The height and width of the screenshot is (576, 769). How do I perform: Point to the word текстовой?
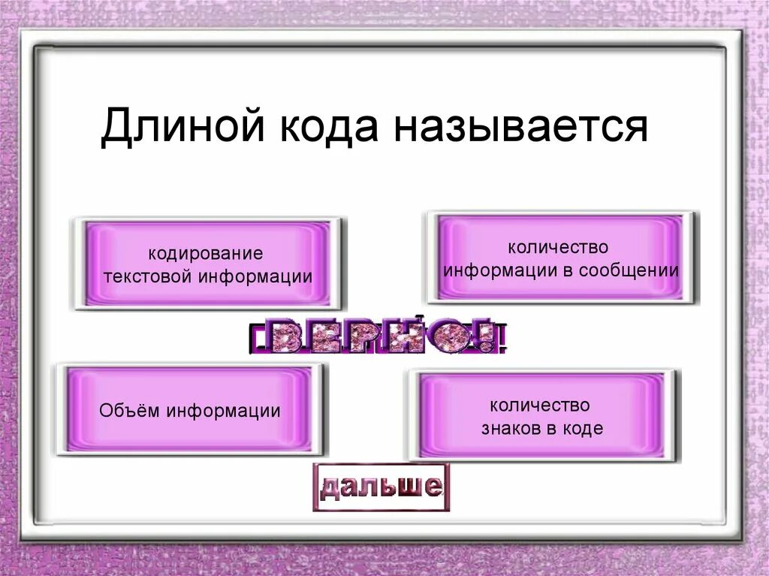point(147,276)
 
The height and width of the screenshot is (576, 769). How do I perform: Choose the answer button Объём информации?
point(190,410)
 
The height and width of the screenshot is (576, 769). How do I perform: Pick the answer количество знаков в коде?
point(541,416)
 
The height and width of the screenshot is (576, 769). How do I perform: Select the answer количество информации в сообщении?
point(560,258)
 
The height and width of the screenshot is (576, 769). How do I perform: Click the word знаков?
point(513,429)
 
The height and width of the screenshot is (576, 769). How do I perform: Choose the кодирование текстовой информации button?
point(208,264)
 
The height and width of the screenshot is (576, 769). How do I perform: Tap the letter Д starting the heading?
point(114,127)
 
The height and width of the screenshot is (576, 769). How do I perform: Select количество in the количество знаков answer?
point(540,406)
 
